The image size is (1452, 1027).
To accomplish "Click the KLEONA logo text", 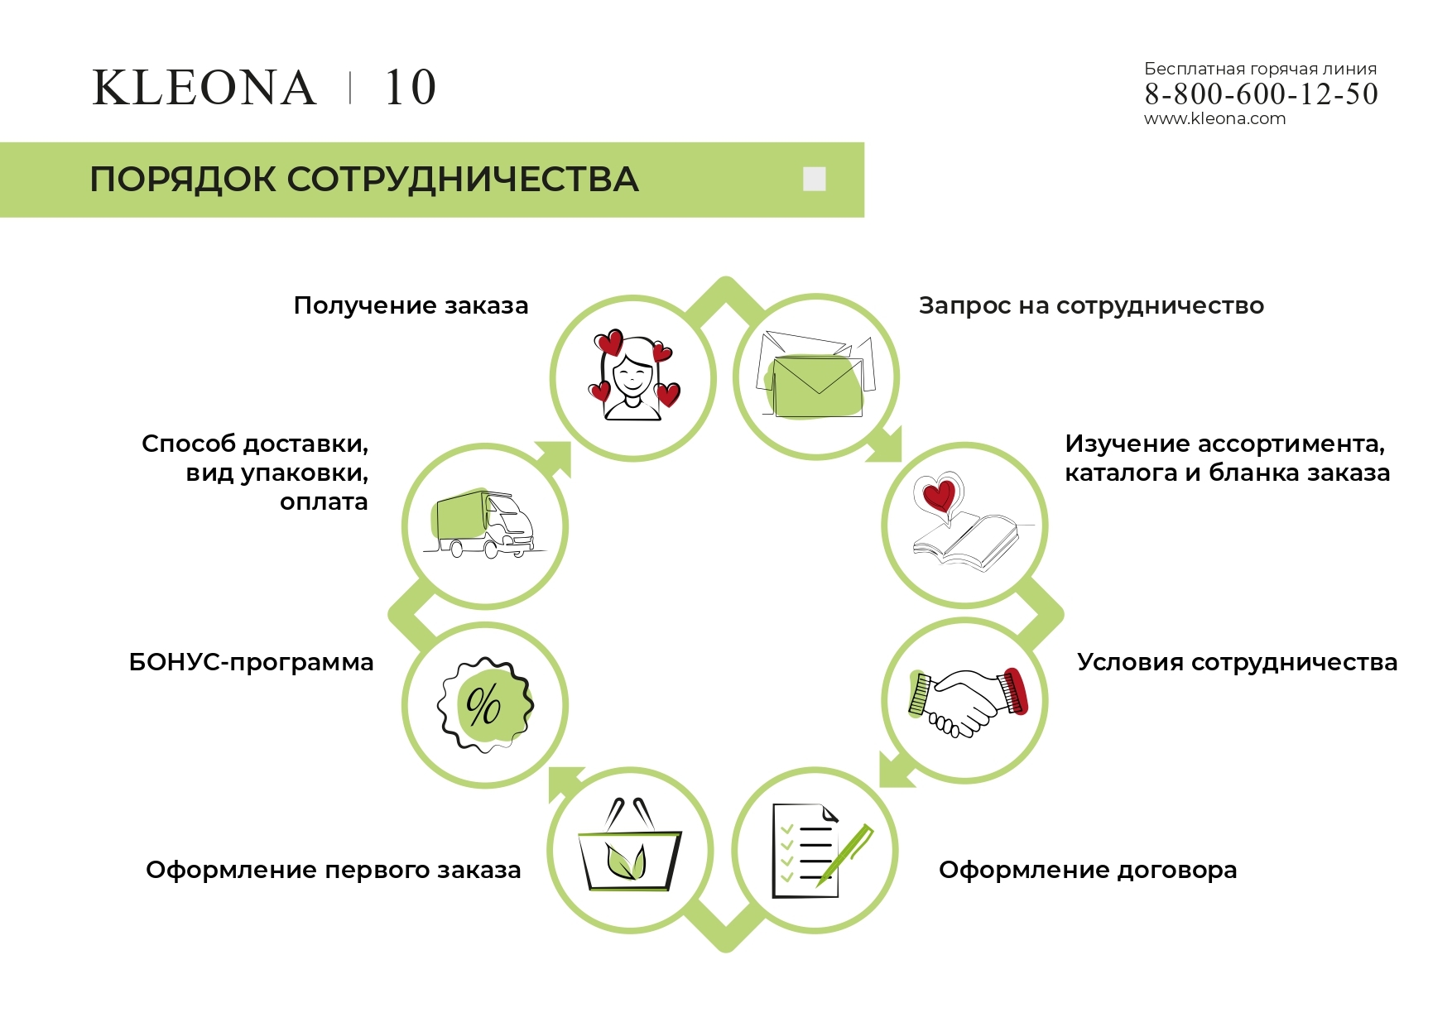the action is (204, 88).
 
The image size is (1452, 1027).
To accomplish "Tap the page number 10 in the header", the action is (411, 88).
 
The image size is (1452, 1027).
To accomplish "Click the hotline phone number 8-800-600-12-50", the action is (1261, 94).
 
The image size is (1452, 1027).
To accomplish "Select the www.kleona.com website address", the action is (1214, 118).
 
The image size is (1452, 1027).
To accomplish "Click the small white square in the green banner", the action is (815, 179).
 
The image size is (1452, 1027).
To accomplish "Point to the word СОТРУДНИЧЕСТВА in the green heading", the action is (463, 180).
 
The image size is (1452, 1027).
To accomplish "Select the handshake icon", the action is (967, 702).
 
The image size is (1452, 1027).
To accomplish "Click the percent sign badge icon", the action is (485, 704).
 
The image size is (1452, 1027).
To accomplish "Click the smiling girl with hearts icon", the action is (633, 376).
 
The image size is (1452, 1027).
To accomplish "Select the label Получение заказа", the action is (411, 306).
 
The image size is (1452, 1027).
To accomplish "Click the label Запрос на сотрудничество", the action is (1091, 306).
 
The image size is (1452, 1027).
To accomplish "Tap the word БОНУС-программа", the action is (251, 663).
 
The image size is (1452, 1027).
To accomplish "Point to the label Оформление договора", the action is (1088, 871).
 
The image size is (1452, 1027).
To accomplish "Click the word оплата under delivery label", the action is (324, 502).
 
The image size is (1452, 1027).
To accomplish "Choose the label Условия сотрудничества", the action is (1237, 663).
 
